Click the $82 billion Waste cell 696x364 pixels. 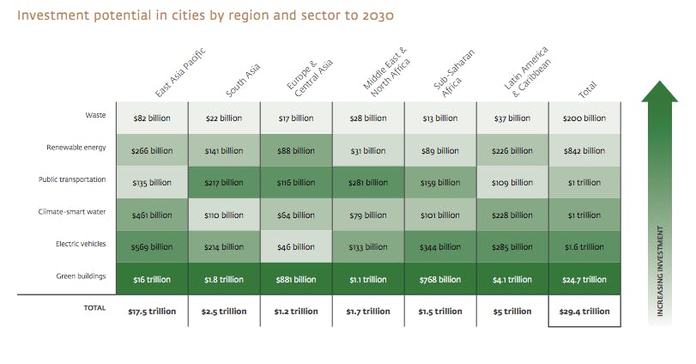[152, 118]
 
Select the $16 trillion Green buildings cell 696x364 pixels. [152, 279]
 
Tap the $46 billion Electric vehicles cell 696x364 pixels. [296, 246]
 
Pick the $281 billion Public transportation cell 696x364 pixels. [368, 182]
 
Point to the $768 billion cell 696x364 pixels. [440, 279]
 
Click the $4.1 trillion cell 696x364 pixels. [512, 279]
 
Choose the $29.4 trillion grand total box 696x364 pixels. [584, 311]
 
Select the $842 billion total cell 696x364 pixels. [584, 150]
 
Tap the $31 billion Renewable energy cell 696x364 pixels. [368, 150]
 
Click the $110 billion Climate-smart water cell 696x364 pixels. [224, 215]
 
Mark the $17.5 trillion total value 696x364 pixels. [152, 311]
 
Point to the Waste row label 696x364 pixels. [95, 115]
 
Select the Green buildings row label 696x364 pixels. [82, 276]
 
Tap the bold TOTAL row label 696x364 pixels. [94, 307]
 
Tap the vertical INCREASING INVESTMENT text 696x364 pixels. [660, 270]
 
